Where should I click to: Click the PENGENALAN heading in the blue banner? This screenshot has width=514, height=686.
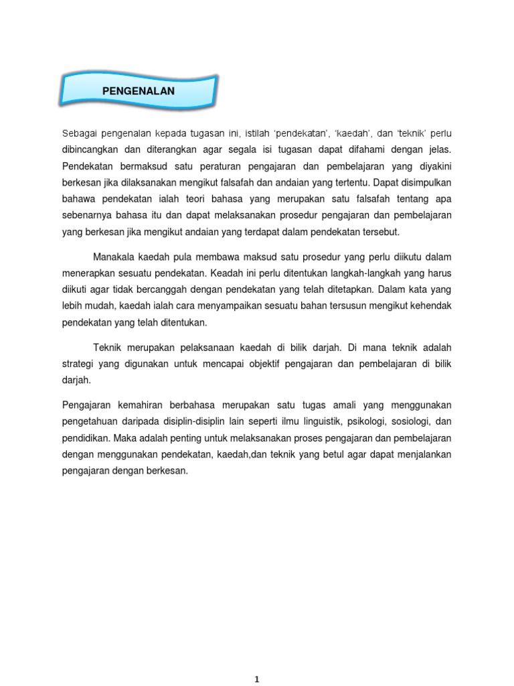pyautogui.click(x=139, y=90)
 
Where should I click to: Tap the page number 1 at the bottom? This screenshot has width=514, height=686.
pyautogui.click(x=257, y=679)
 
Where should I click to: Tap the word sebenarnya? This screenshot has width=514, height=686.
pyautogui.click(x=87, y=215)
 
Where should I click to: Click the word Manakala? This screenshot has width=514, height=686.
pyautogui.click(x=113, y=257)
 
